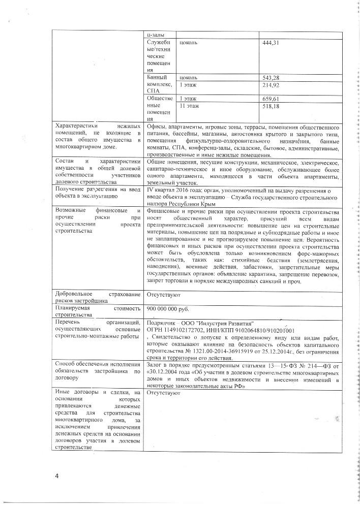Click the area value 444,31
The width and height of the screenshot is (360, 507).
tap(271, 42)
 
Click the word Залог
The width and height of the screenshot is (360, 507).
tap(155, 365)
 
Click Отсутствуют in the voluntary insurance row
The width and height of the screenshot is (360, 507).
tap(164, 294)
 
